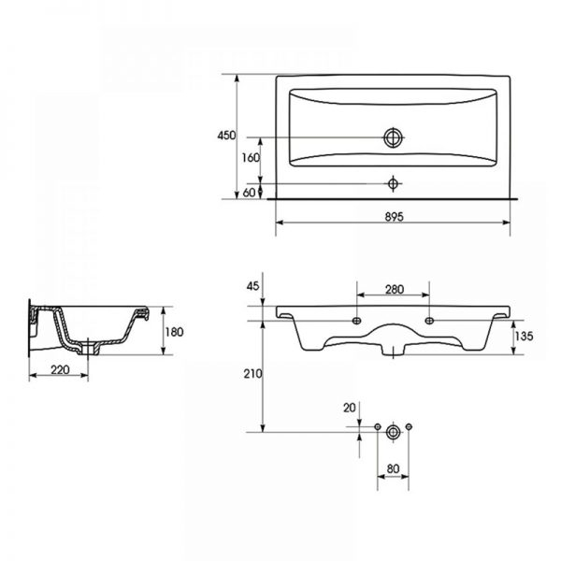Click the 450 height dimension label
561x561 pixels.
pos(227,136)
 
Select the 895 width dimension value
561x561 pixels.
pos(394,217)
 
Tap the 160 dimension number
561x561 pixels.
pos(251,157)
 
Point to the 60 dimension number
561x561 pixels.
pos(250,193)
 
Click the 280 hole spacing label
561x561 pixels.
pos(395,289)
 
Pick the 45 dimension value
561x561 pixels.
pos(253,286)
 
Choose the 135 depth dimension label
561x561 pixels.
pos(525,336)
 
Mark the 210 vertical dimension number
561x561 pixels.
pos(252,374)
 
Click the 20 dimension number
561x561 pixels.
pos(349,408)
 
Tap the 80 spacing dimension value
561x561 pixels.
pos(393,468)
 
